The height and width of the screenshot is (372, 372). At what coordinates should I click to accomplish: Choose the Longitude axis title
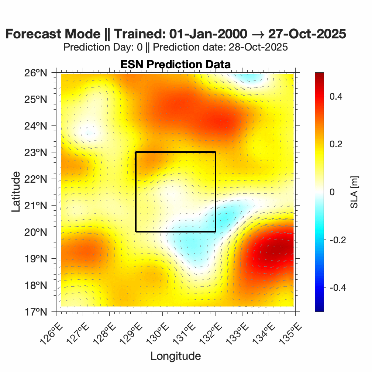(175, 356)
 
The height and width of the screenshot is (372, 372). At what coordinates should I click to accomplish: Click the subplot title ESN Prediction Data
(175, 64)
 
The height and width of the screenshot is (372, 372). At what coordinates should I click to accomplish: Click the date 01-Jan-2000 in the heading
(208, 34)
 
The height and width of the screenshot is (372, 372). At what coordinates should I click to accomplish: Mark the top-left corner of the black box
(136, 152)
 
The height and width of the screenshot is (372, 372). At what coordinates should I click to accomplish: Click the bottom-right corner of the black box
(216, 231)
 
